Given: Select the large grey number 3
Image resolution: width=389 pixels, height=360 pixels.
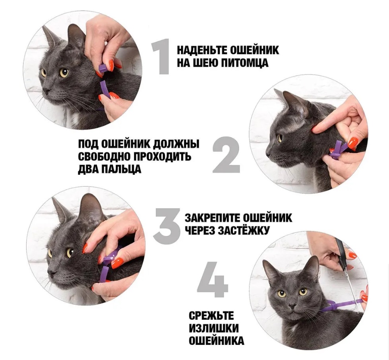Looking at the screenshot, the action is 166,226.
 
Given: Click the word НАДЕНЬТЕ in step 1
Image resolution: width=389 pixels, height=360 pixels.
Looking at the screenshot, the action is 202,50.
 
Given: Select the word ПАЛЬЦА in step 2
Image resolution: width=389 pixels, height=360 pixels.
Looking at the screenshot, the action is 121,169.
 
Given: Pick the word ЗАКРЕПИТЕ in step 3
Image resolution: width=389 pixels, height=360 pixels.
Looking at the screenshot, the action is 212,218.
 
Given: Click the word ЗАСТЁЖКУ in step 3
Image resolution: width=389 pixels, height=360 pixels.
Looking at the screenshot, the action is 243,231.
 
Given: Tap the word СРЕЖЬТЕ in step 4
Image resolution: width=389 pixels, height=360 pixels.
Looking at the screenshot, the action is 211,316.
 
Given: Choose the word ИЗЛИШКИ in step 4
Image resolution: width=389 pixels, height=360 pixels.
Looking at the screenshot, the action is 214,328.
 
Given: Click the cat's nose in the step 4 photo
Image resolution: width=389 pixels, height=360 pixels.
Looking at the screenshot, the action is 293,305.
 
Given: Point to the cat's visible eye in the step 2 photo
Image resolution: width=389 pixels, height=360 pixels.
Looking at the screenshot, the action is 280,137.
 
